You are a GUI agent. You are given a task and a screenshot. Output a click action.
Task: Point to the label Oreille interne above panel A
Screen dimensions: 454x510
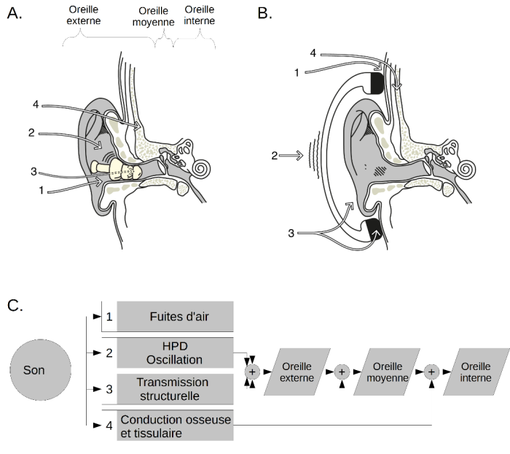tap(200, 15)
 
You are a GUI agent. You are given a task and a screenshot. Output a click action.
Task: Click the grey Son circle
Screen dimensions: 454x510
tap(41, 371)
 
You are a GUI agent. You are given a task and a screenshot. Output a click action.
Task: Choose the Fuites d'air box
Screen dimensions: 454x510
tap(175, 317)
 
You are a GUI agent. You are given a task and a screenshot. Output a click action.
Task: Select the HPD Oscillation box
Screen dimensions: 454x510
tap(175, 353)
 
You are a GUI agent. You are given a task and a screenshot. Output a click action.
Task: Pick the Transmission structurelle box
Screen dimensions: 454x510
tap(175, 388)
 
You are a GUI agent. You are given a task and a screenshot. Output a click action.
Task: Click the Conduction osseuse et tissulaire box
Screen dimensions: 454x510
tap(175, 426)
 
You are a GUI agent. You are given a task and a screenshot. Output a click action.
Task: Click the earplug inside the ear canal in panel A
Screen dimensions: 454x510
tap(119, 170)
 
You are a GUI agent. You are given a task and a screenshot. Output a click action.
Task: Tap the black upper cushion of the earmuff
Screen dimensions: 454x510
tap(377, 82)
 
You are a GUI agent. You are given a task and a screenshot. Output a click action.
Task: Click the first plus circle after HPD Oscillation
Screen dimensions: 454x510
tap(252, 372)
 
